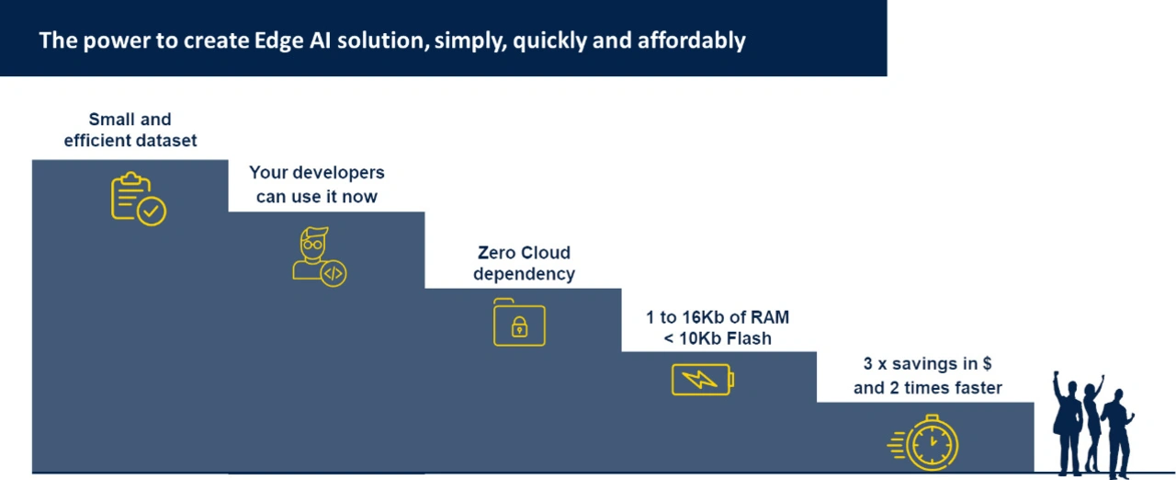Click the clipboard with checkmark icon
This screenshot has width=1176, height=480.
(x=138, y=199)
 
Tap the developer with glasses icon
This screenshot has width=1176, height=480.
(x=319, y=257)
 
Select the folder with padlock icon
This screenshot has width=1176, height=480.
(x=519, y=322)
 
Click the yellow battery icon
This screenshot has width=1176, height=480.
(x=703, y=379)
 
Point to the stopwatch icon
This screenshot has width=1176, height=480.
(x=923, y=442)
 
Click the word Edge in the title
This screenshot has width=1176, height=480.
(x=278, y=41)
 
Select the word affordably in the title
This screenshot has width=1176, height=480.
(x=692, y=40)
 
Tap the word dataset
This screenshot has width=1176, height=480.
(x=167, y=140)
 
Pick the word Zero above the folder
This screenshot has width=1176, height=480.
(x=496, y=253)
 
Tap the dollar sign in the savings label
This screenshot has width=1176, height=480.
(x=987, y=363)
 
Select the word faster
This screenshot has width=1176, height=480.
(x=978, y=387)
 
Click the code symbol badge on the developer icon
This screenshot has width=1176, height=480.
(x=334, y=274)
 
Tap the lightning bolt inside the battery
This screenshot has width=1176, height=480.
(x=699, y=379)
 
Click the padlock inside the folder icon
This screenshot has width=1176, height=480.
(x=519, y=326)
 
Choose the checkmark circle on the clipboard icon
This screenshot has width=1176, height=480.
(x=152, y=211)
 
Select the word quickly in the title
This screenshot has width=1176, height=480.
(x=548, y=41)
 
